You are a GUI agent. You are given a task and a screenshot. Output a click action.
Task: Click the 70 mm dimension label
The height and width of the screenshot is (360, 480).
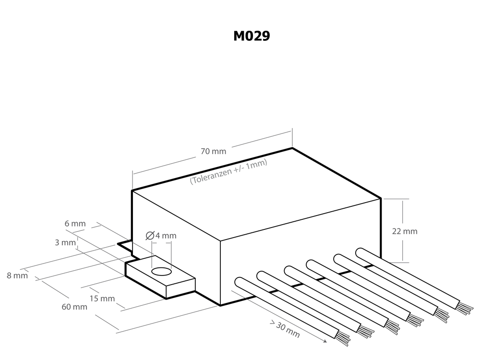click(x=213, y=152)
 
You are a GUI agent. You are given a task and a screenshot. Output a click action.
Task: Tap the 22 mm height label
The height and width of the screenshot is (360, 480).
click(x=405, y=231)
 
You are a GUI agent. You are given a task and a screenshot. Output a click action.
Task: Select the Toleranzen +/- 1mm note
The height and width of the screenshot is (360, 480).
click(x=228, y=172)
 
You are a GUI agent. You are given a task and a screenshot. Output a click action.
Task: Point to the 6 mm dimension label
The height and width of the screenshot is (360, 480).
click(x=75, y=224)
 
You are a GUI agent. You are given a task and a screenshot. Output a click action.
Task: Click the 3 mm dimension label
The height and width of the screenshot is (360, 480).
click(x=65, y=243)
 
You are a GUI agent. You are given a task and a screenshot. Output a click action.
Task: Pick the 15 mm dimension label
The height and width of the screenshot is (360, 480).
click(x=102, y=299)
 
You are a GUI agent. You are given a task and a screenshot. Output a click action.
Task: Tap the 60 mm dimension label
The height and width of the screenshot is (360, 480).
click(x=74, y=307)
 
